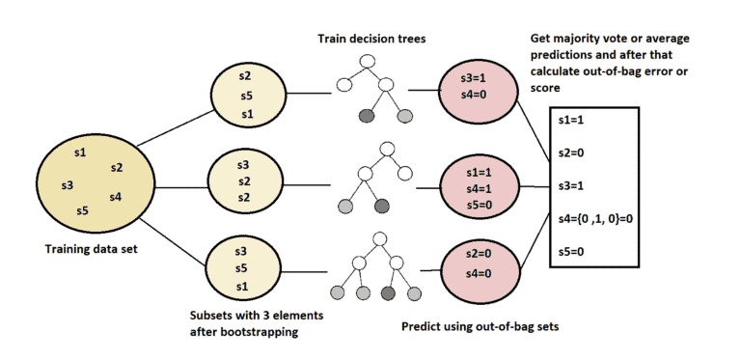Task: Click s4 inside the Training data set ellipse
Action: (115, 198)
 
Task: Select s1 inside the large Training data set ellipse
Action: (80, 152)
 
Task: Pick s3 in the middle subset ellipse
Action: (244, 164)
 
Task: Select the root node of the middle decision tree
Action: (386, 149)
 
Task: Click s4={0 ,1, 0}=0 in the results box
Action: (594, 219)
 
